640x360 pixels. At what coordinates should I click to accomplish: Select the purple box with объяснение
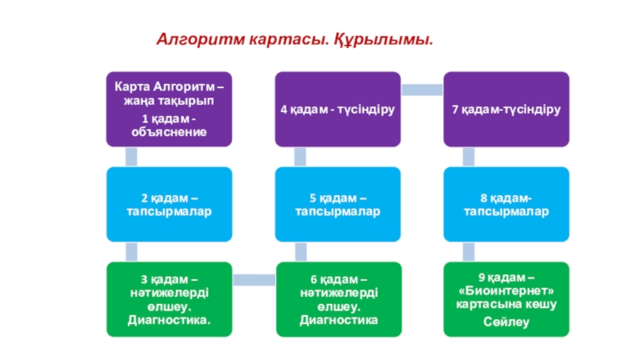point(169,109)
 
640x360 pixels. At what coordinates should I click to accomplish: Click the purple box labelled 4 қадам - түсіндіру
point(338,109)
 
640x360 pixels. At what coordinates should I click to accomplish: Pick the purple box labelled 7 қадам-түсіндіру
point(506,109)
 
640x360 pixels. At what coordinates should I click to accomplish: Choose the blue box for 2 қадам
point(169,204)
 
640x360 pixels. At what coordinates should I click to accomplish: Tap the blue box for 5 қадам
point(338,204)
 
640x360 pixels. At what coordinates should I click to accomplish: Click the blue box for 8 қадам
point(506,204)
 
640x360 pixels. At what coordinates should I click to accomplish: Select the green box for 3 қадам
point(169,299)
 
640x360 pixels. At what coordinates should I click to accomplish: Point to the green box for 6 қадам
point(338,299)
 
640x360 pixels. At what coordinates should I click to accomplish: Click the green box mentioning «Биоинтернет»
point(506,299)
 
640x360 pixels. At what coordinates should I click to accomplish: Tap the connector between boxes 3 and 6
point(254,280)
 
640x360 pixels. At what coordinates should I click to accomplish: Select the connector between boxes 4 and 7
point(422,90)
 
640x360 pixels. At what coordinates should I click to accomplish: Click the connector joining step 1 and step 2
point(131,157)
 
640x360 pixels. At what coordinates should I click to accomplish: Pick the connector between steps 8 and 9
point(468,251)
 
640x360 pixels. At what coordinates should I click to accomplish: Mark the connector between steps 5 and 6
point(301,251)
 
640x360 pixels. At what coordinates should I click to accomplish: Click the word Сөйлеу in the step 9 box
point(506,322)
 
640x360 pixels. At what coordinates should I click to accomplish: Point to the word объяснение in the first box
point(169,132)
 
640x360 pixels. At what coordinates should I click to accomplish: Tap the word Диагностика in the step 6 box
point(338,320)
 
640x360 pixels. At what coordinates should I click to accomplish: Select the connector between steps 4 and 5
point(300,157)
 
